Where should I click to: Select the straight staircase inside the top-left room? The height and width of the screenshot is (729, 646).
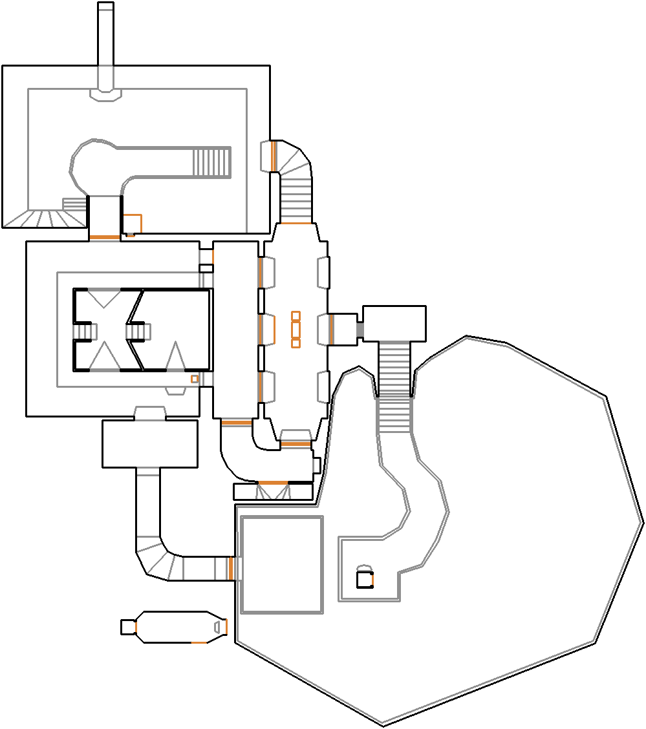point(212,162)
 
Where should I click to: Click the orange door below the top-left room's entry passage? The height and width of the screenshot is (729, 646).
point(104,237)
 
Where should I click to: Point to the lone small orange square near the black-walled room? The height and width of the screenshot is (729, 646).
point(194,379)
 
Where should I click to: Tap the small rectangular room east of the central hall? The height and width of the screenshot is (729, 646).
point(394,323)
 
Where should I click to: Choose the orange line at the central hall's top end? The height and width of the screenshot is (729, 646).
point(296,224)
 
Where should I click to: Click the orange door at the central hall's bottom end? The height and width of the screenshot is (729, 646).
point(295,444)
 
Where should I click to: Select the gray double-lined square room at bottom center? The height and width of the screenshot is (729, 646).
point(281,564)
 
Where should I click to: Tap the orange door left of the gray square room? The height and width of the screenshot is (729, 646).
point(230,568)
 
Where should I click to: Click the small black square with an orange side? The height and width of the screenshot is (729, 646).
point(365,580)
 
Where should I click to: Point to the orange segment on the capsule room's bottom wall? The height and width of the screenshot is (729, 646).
point(199,642)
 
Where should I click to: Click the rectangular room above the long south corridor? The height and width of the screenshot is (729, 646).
point(149,443)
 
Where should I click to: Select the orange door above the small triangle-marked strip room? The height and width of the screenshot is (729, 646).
point(272,483)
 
